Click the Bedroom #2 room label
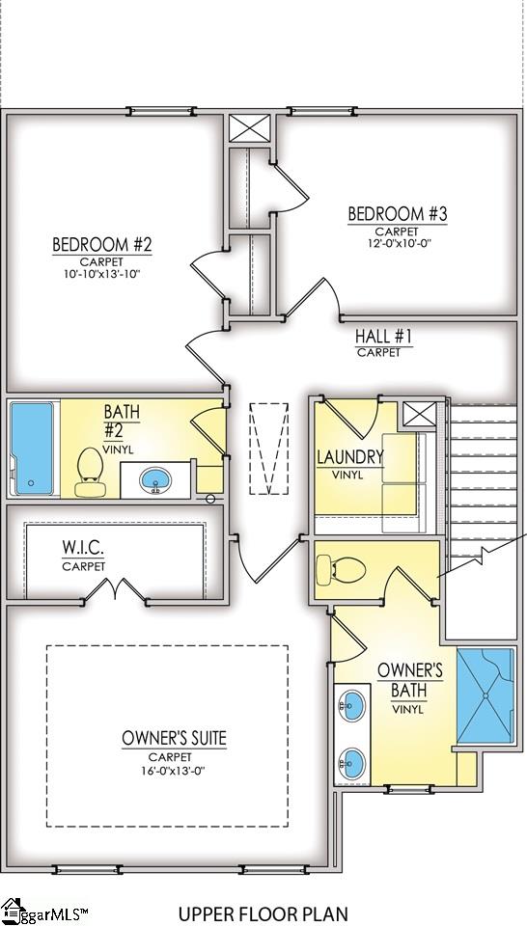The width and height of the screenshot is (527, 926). [x=102, y=244]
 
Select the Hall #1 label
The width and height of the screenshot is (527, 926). [x=383, y=337]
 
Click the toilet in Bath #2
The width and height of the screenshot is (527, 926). [x=91, y=472]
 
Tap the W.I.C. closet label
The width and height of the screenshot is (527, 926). [x=83, y=548]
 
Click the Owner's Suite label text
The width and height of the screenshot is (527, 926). [x=175, y=739]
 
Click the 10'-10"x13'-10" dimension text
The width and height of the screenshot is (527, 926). [x=102, y=274]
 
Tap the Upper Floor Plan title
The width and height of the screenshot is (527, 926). [x=263, y=912]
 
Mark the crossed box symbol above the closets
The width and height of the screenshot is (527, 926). [x=244, y=128]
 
